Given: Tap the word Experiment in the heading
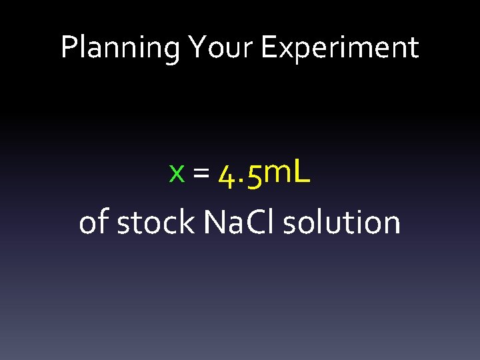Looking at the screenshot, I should click(x=340, y=48).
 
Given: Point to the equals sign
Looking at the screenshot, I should click(x=200, y=174).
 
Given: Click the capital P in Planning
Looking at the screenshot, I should click(x=68, y=48).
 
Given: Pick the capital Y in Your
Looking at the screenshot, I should click(x=197, y=48).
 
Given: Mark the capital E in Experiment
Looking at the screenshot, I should click(x=268, y=48).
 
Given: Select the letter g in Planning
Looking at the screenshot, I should click(x=173, y=51).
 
